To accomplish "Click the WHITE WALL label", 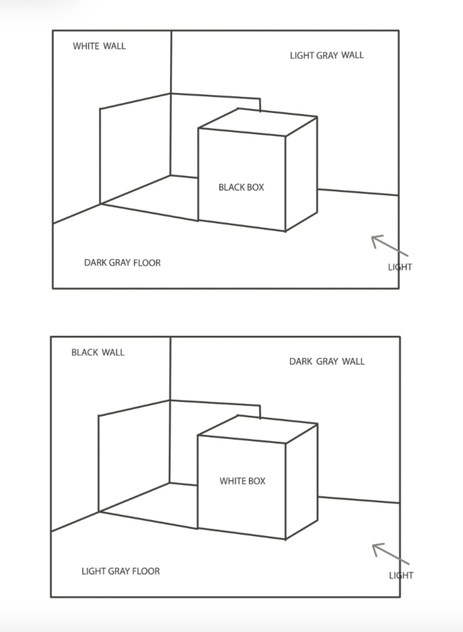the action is pyautogui.click(x=99, y=46).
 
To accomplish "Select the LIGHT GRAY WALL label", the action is pyautogui.click(x=327, y=55).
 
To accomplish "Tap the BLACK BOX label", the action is pyautogui.click(x=241, y=187).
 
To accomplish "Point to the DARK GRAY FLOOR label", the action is pyautogui.click(x=122, y=263).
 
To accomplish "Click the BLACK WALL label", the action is pyautogui.click(x=98, y=352).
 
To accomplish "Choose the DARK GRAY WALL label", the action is pyautogui.click(x=327, y=361).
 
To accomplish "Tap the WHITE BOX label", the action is pyautogui.click(x=243, y=481).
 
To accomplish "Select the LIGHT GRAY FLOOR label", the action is pyautogui.click(x=120, y=571).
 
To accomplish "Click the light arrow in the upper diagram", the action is pyautogui.click(x=390, y=246).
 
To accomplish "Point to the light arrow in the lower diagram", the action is pyautogui.click(x=391, y=554).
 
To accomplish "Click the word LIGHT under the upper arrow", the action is pyautogui.click(x=400, y=267).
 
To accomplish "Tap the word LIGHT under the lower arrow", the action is pyautogui.click(x=401, y=575).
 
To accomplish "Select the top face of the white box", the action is pyautogui.click(x=258, y=429).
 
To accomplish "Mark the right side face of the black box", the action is pyautogui.click(x=301, y=174).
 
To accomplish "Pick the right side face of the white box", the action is pyautogui.click(x=301, y=481).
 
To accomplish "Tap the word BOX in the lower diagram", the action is pyautogui.click(x=256, y=481).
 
